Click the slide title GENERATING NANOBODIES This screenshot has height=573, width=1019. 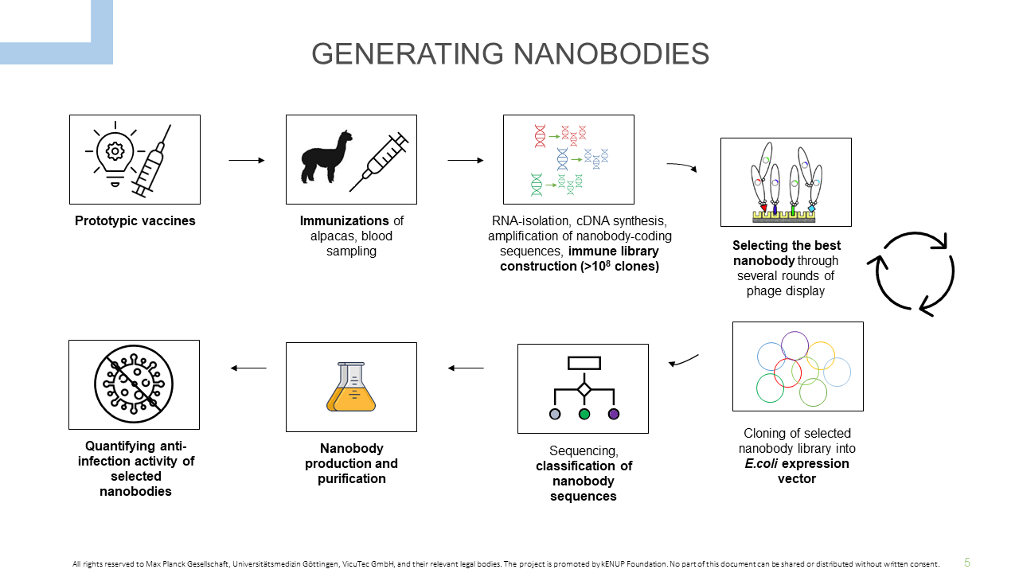(510, 53)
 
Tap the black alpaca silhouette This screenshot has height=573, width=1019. (326, 157)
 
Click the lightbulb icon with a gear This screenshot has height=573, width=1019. (115, 154)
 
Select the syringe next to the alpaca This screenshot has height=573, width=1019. (379, 162)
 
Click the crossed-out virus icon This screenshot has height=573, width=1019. (134, 384)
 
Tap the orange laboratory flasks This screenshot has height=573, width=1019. (351, 387)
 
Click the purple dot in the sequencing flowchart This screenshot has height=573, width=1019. (614, 414)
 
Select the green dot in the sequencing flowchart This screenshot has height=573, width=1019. (584, 414)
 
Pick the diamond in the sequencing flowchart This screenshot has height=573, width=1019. (584, 390)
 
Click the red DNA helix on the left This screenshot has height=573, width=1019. (540, 136)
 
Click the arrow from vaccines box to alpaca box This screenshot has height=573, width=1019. (247, 160)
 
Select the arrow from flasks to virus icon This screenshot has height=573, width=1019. (248, 368)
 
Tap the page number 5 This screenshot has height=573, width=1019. (967, 563)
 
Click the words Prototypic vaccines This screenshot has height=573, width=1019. (135, 221)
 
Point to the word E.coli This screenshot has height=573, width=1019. (761, 464)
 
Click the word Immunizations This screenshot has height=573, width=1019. (345, 221)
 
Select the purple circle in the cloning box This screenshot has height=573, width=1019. (795, 345)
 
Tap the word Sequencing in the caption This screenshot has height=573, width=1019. (584, 451)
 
